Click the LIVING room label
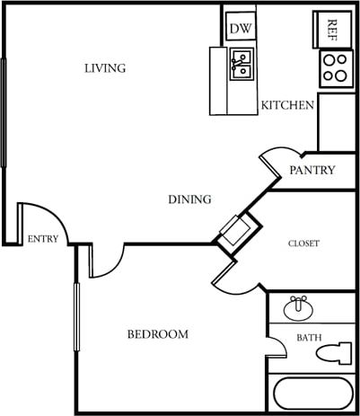click(x=105, y=68)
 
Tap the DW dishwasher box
click(x=240, y=28)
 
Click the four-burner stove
click(x=334, y=68)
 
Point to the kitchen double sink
click(x=241, y=66)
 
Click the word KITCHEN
click(x=287, y=105)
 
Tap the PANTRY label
click(x=312, y=170)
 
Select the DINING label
click(x=189, y=199)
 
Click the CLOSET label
click(x=303, y=243)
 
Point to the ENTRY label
click(x=43, y=239)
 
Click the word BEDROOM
click(x=157, y=334)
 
